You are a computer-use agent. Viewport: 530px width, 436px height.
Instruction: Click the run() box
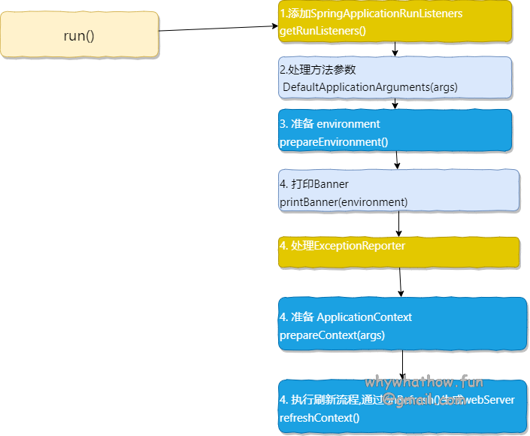tap(79, 35)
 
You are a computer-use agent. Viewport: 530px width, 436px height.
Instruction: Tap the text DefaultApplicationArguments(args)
tap(370, 87)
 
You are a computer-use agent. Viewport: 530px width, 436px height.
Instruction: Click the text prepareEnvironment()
tap(334, 141)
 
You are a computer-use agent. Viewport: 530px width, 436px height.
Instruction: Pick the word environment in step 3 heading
tap(348, 124)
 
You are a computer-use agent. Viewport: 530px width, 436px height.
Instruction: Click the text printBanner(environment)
tap(344, 201)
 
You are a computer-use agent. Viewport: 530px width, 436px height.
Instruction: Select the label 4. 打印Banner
tap(314, 184)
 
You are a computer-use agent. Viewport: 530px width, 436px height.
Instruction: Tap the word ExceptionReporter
tap(359, 246)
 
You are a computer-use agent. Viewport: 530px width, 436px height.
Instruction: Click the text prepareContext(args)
tap(332, 335)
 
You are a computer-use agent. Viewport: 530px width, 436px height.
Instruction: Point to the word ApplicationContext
tap(364, 317)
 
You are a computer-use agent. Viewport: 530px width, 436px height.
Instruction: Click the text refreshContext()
tap(320, 417)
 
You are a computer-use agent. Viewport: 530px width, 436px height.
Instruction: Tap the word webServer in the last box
tap(491, 400)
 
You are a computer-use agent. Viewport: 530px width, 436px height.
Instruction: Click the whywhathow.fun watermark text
tap(424, 383)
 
